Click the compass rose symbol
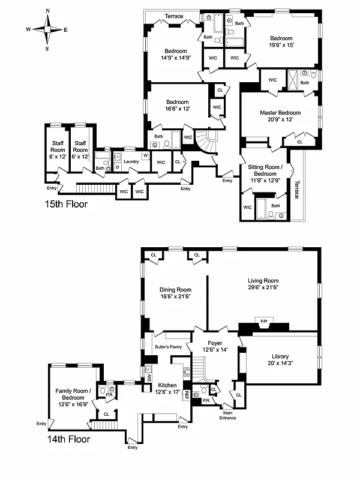47,29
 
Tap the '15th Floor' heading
67,204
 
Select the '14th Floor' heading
68,439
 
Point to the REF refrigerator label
187,395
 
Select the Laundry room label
131,161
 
